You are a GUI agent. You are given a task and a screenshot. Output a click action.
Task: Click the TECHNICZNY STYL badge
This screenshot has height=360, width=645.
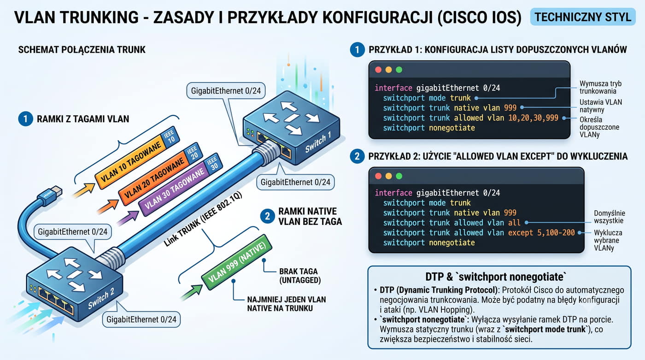coord(583,17)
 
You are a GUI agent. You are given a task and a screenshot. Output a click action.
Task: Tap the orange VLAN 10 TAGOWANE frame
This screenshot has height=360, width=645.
coord(137,158)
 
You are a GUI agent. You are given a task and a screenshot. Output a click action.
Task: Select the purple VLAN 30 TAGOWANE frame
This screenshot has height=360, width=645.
coord(180,184)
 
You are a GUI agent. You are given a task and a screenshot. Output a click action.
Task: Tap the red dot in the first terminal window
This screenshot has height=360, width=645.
coord(378,70)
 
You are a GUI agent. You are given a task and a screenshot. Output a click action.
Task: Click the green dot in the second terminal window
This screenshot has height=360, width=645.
coord(399,176)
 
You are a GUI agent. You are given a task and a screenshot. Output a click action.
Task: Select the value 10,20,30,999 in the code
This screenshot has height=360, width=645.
coord(534,118)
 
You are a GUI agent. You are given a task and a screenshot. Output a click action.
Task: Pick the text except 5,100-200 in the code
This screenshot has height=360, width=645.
coord(541,232)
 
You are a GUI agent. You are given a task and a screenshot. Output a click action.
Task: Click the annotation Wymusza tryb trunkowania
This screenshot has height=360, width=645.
coord(600,87)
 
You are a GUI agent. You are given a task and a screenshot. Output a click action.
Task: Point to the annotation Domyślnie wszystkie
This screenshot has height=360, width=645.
coord(609,217)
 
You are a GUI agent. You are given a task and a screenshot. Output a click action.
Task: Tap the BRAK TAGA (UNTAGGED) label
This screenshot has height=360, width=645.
coord(300,276)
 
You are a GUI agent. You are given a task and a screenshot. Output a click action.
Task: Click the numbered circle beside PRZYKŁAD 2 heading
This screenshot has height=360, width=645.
coord(357,156)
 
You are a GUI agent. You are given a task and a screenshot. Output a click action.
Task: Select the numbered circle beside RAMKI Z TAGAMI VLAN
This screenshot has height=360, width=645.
coord(25,118)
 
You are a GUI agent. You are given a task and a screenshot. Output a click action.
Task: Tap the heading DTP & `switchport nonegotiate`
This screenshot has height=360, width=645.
coord(496,277)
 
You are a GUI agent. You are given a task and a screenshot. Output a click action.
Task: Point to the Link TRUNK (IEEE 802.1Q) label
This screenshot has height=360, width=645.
coord(203,219)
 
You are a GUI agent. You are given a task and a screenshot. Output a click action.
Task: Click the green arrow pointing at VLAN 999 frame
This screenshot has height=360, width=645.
coord(192,292)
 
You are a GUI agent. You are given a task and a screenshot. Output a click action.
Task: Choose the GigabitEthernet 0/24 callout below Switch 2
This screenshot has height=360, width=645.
coord(141,319)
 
